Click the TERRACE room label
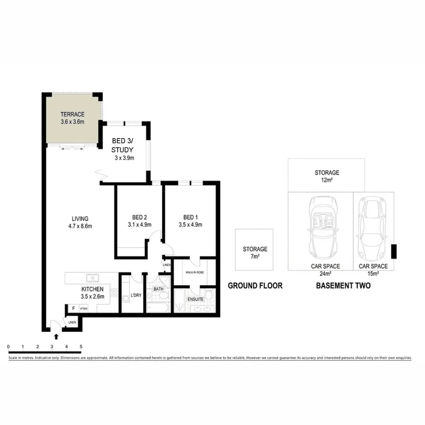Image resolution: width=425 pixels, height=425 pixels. (x=72, y=115)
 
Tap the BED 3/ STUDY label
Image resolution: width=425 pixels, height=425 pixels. (x=122, y=146)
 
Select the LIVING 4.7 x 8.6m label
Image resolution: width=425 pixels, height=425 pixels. (x=79, y=222)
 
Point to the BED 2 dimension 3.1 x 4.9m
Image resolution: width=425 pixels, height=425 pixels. (x=140, y=225)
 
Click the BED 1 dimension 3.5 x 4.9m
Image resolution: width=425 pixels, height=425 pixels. (x=190, y=225)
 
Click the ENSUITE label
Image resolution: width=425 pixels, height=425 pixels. (x=196, y=299)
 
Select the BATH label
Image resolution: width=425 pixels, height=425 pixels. (x=158, y=288)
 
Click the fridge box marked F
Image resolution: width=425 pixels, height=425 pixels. (x=73, y=309)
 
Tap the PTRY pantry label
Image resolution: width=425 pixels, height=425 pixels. (x=84, y=309)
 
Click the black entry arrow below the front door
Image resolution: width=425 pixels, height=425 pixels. (x=56, y=336)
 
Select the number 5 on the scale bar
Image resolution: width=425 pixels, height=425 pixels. (x=81, y=346)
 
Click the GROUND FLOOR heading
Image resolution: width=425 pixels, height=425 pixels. (x=255, y=286)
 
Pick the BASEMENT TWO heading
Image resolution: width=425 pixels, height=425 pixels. (x=343, y=286)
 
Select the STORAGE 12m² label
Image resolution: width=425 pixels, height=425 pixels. (x=327, y=176)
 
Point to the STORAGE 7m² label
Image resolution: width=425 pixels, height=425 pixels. (x=255, y=253)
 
